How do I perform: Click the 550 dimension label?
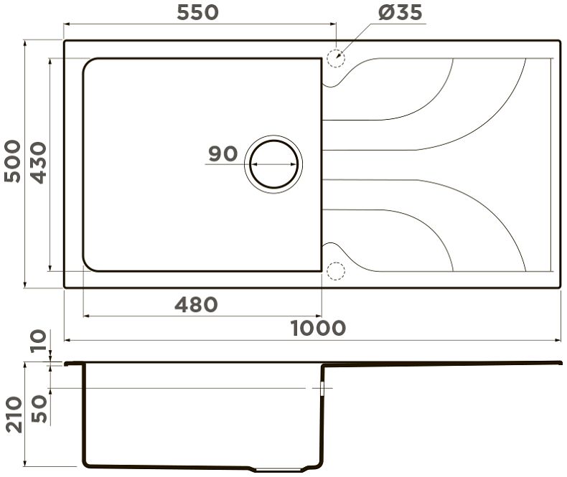click(x=197, y=12)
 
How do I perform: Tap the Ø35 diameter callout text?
click(x=400, y=13)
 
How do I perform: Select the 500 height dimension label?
click(x=12, y=161)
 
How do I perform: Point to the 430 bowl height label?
click(x=38, y=163)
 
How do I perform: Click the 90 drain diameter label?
click(x=223, y=154)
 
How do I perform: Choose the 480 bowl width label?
click(x=196, y=305)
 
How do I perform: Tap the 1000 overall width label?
click(x=318, y=328)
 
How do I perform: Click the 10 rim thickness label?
click(x=39, y=341)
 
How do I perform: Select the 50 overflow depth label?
click(x=39, y=409)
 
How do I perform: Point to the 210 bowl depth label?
click(x=14, y=415)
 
